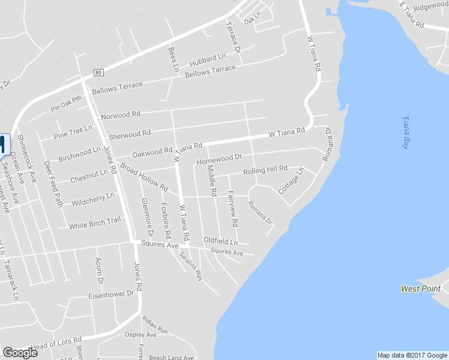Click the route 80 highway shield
click(99, 73)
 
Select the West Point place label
click(421, 289)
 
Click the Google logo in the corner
click(20, 352)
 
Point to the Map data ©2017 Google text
click(412, 355)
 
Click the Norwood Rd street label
click(120, 114)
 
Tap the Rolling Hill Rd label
click(265, 171)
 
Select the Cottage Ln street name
click(291, 181)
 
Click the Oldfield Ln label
click(220, 241)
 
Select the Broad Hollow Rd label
click(143, 176)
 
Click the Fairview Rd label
click(232, 208)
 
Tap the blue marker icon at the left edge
click(2, 145)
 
